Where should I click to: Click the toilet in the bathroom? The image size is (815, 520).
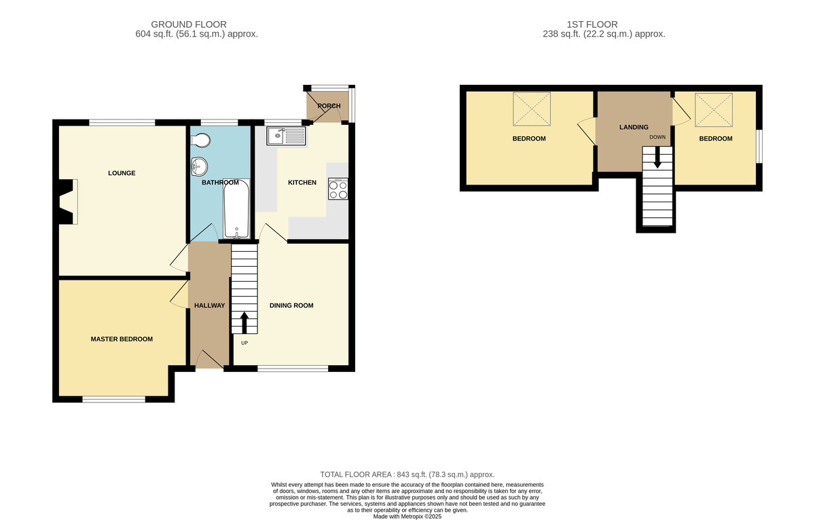(200, 140)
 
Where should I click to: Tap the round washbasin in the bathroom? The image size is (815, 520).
(198, 166)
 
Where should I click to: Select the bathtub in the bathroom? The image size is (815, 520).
(236, 208)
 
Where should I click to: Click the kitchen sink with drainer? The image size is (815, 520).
(287, 136)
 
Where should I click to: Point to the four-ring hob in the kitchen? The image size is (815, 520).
(338, 189)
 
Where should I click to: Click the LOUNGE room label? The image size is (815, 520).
(122, 173)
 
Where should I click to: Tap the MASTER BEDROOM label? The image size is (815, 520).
(122, 339)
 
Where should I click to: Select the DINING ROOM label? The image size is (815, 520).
(291, 305)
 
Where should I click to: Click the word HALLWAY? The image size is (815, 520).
(210, 305)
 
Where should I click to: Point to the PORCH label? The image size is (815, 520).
(329, 106)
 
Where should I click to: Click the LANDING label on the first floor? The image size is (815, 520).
(634, 127)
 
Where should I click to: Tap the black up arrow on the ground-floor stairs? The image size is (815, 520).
(244, 322)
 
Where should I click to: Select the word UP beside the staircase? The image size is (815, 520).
(244, 343)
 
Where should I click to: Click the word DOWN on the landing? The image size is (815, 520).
(657, 137)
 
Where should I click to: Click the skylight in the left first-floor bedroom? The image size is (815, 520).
(532, 109)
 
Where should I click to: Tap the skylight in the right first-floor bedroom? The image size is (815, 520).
(714, 110)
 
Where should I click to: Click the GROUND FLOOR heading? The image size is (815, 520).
(189, 24)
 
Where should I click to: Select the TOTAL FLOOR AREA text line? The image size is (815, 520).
(407, 475)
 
